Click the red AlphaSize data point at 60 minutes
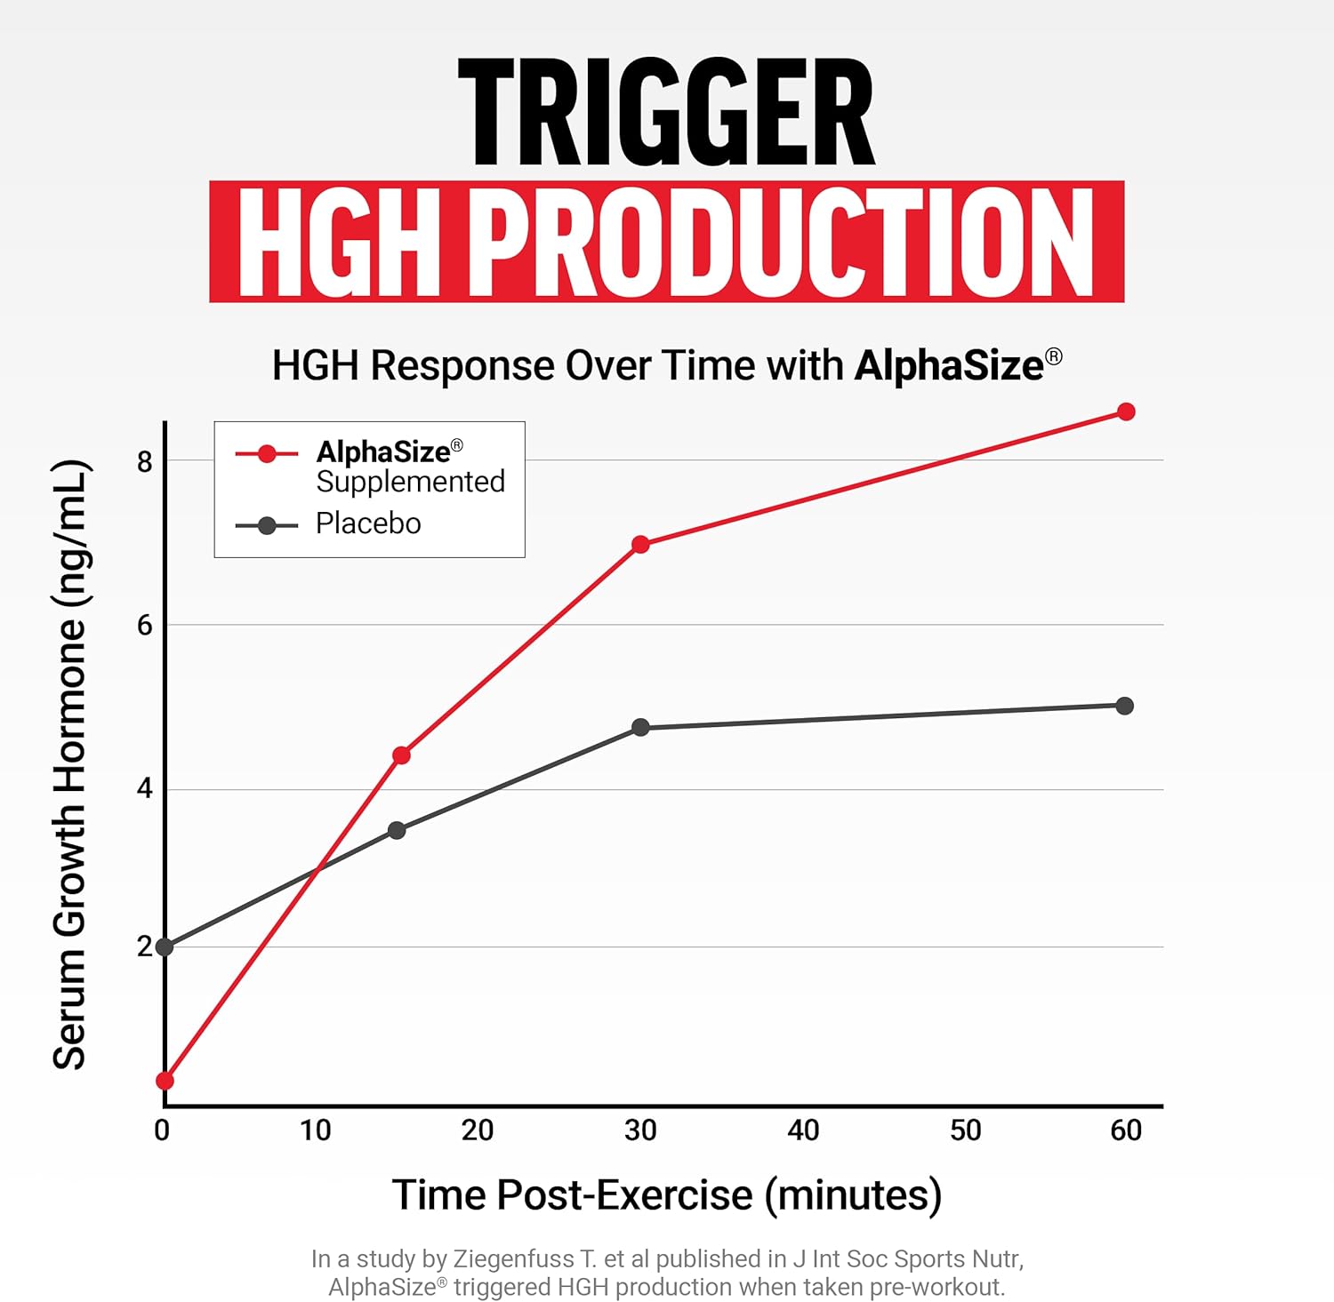(x=1126, y=411)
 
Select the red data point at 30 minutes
(x=640, y=544)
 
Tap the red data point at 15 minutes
(x=401, y=755)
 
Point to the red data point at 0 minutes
(x=165, y=1081)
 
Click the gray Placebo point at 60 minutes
(x=1124, y=706)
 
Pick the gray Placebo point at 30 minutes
(x=640, y=728)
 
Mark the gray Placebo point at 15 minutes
(x=397, y=830)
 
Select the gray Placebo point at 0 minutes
(x=165, y=947)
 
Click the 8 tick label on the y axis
(x=145, y=461)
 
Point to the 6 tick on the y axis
(x=145, y=626)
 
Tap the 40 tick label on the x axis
(x=803, y=1130)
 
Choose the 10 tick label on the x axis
(x=315, y=1130)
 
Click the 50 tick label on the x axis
(x=966, y=1130)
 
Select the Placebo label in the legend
(x=368, y=523)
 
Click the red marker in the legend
(x=267, y=454)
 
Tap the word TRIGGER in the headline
(x=666, y=113)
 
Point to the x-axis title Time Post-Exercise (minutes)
(x=667, y=1194)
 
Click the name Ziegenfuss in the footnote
(x=513, y=1259)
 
